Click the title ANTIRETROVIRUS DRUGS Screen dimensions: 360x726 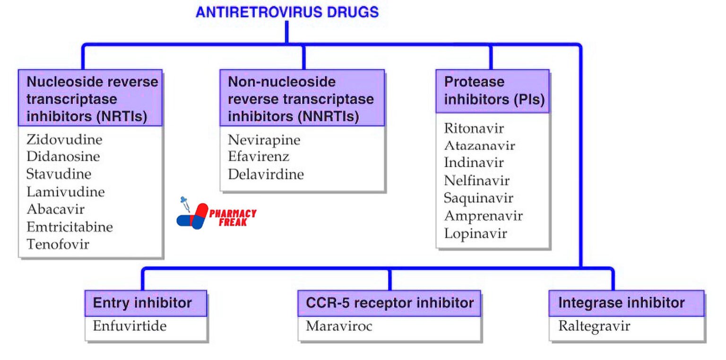click(x=287, y=12)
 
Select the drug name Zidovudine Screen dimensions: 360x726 click(x=64, y=139)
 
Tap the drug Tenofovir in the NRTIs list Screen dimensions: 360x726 click(x=58, y=244)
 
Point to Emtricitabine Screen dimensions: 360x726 click(x=69, y=227)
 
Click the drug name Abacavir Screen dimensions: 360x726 click(x=55, y=209)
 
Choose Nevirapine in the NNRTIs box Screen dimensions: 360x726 click(x=264, y=140)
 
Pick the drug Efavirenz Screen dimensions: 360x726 click(x=258, y=157)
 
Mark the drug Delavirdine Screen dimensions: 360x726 click(x=266, y=174)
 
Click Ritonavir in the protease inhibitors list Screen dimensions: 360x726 click(x=474, y=128)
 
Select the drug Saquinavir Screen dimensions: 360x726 click(x=478, y=198)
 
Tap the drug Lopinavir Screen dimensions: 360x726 click(x=475, y=233)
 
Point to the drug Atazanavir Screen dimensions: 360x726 click(x=479, y=146)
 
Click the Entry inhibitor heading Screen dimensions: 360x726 click(x=142, y=303)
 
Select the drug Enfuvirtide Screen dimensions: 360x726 click(x=130, y=326)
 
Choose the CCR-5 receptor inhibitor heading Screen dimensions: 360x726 click(x=389, y=303)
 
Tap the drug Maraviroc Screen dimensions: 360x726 click(x=339, y=326)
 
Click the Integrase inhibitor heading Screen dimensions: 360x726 click(x=621, y=303)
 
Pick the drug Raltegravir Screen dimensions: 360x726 click(x=594, y=326)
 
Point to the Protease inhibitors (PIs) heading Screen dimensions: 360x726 click(x=494, y=91)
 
